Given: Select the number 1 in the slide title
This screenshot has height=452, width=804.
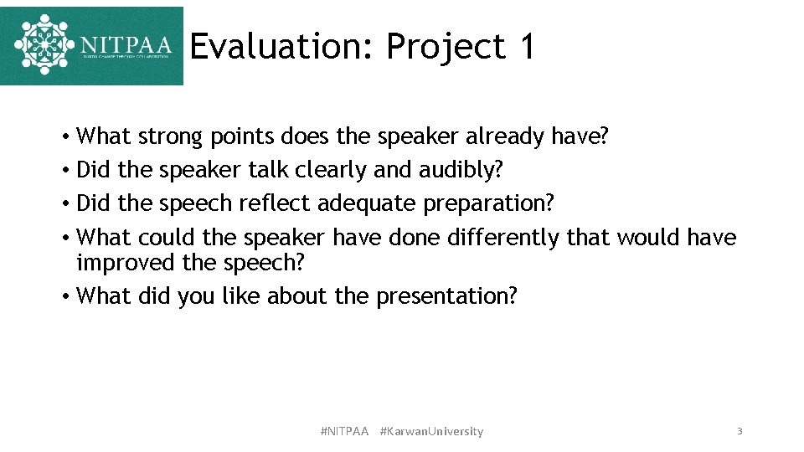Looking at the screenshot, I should [526, 47].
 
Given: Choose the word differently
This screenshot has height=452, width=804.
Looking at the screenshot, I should [503, 238].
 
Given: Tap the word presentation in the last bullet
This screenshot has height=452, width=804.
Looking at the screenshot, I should [446, 296].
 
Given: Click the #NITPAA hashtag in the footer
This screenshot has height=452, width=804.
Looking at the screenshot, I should [344, 431].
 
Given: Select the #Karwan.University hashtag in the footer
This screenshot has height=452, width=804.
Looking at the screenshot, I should [431, 431].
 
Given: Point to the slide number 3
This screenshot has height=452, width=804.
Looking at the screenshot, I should [740, 431].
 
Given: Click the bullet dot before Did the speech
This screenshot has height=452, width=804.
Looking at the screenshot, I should [64, 204].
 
